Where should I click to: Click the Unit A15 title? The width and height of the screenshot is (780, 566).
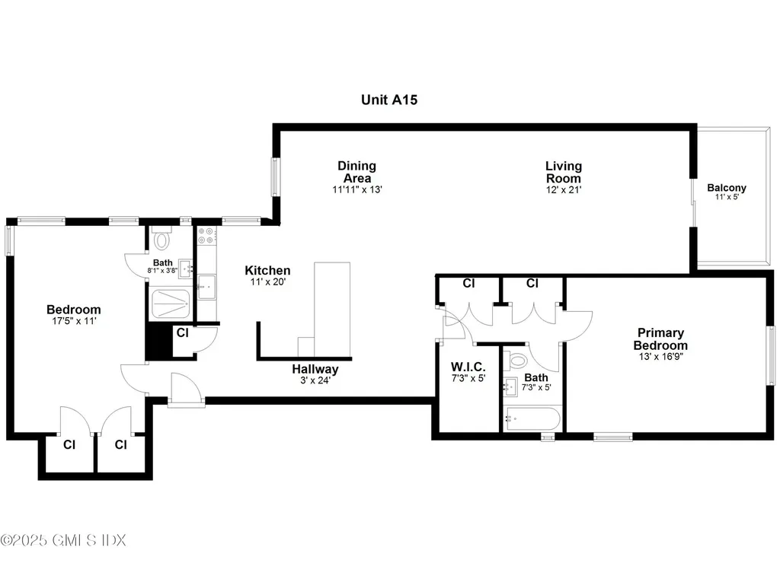389,99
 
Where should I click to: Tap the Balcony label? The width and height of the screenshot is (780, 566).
727,188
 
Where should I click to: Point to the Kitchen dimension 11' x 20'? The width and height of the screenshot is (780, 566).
267,282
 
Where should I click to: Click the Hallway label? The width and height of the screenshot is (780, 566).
315,369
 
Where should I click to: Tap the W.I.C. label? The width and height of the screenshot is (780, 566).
468,367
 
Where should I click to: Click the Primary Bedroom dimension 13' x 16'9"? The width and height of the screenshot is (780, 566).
661,355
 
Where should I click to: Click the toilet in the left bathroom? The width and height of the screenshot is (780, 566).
161,241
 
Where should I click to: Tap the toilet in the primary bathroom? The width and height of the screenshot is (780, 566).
518,360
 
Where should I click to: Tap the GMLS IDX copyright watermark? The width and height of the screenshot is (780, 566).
63,540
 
